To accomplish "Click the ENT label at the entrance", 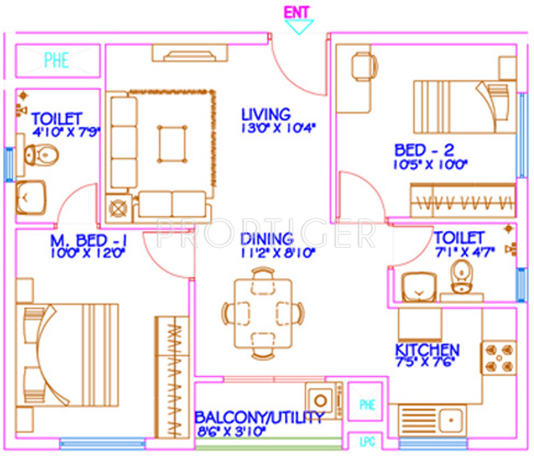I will coord(297,12).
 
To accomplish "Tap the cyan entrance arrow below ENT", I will coord(298,27).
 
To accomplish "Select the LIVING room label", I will coord(266,114).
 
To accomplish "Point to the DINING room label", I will coord(266,238).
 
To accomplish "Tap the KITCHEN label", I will coord(427,351).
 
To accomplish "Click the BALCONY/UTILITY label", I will coord(259,418).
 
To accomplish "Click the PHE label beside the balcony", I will coord(366,404).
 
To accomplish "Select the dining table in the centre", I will coord(263,311).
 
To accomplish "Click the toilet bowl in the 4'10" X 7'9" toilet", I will coord(40,156).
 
